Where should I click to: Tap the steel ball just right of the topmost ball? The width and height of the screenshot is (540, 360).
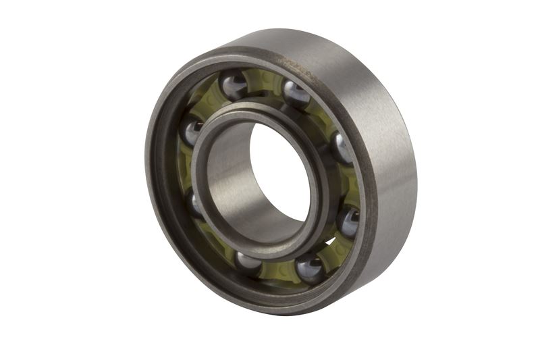(296, 94)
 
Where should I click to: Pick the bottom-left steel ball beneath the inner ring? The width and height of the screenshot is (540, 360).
(248, 262)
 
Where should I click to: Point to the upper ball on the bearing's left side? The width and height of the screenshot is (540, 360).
(192, 130)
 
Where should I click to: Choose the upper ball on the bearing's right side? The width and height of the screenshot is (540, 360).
(342, 148)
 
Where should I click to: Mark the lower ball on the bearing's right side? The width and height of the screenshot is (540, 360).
(348, 220)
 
